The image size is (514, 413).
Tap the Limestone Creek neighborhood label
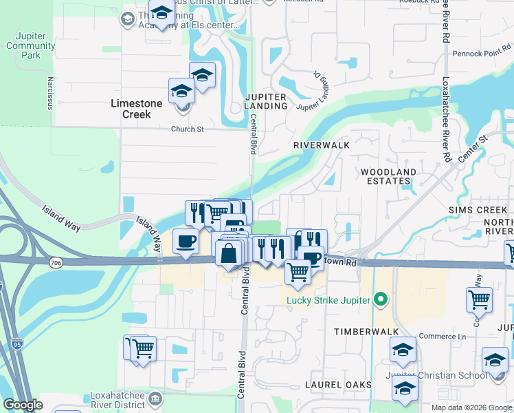(x=137, y=109)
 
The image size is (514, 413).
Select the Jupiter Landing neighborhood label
(x=266, y=100)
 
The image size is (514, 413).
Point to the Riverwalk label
(x=322, y=145)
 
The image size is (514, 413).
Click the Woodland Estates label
(x=389, y=176)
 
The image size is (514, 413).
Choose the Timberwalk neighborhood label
(x=367, y=332)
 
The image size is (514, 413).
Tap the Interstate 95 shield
(x=17, y=342)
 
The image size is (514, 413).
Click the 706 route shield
(x=56, y=262)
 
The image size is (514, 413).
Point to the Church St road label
(x=188, y=129)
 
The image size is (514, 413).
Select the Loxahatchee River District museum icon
(x=156, y=398)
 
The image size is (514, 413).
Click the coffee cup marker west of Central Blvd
(x=186, y=242)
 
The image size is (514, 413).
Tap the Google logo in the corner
(x=22, y=405)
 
